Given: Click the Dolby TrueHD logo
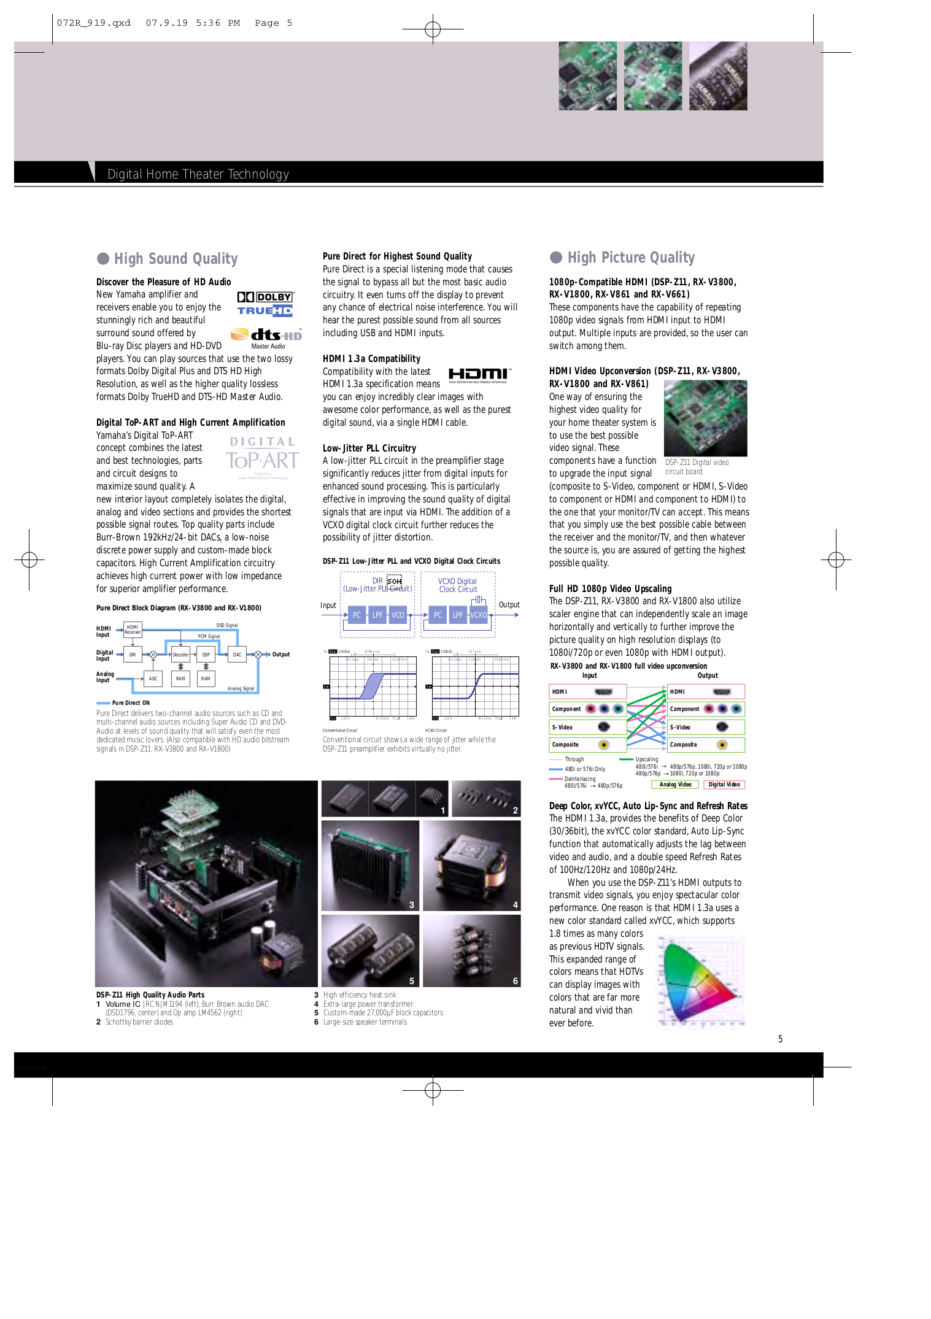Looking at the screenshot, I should pyautogui.click(x=265, y=304).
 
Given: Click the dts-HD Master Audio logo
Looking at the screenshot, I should pyautogui.click(x=266, y=336).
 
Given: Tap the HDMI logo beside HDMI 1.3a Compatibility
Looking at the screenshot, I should pyautogui.click(x=478, y=375).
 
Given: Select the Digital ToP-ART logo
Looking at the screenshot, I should pyautogui.click(x=262, y=457).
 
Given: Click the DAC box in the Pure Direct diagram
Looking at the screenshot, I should pyautogui.click(x=237, y=655).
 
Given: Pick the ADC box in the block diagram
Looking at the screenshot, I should pyautogui.click(x=153, y=679).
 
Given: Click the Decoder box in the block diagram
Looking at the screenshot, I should pyautogui.click(x=180, y=655).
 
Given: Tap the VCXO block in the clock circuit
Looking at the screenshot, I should pyautogui.click(x=478, y=615).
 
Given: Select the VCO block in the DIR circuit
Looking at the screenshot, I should pyautogui.click(x=398, y=615).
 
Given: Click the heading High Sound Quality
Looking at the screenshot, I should pyautogui.click(x=176, y=259).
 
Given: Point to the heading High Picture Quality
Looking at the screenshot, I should pyautogui.click(x=631, y=258).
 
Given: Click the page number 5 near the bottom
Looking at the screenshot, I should pyautogui.click(x=780, y=1039).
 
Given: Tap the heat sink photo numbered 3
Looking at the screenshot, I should pyautogui.click(x=370, y=865).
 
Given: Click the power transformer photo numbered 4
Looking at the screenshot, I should pyautogui.click(x=471, y=865).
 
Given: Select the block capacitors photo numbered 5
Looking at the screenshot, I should pyautogui.click(x=370, y=950).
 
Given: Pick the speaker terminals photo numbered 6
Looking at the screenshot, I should pyautogui.click(x=471, y=950).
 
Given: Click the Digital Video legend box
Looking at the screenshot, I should pyautogui.click(x=724, y=785).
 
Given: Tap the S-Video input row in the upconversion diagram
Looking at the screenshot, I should pyautogui.click(x=587, y=727).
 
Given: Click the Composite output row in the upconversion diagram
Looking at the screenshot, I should pyautogui.click(x=706, y=745).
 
